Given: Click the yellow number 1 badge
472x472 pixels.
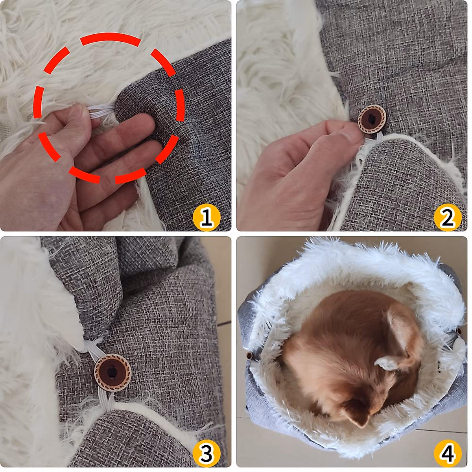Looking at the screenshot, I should click(x=206, y=217).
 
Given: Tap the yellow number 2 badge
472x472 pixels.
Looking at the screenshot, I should click(x=447, y=217).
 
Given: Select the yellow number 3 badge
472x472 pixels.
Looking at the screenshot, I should click(x=206, y=453).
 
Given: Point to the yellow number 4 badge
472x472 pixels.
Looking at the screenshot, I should click(x=447, y=453).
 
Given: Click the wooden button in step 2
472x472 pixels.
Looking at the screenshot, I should click(x=372, y=119).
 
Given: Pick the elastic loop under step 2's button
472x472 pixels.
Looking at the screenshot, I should click(x=372, y=138).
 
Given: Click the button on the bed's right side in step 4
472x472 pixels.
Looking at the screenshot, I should click(x=459, y=332).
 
